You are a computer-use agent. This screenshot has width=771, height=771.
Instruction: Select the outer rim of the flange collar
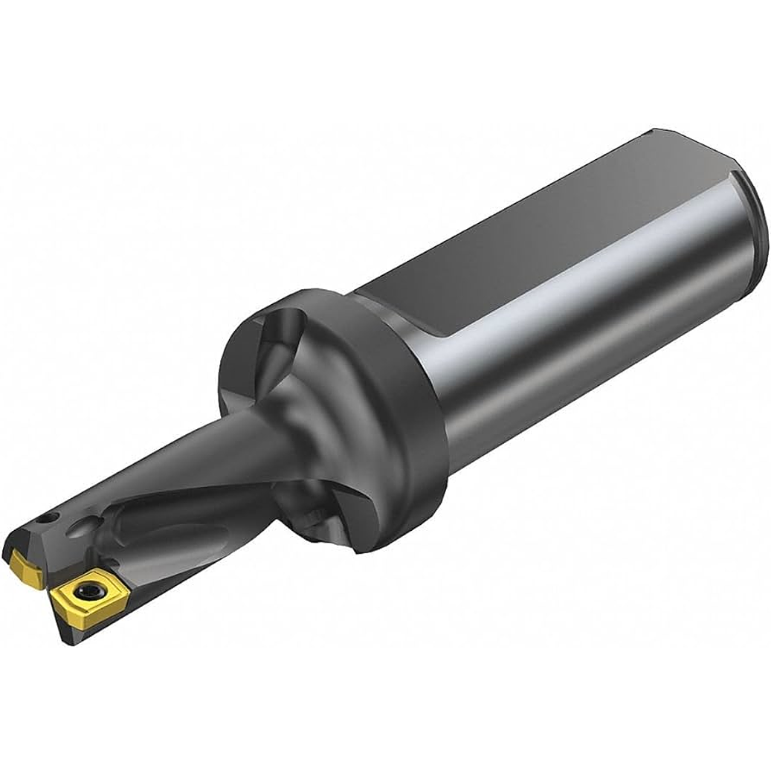(x=416, y=416)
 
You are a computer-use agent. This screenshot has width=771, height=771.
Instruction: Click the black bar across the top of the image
(x=385, y=59)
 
